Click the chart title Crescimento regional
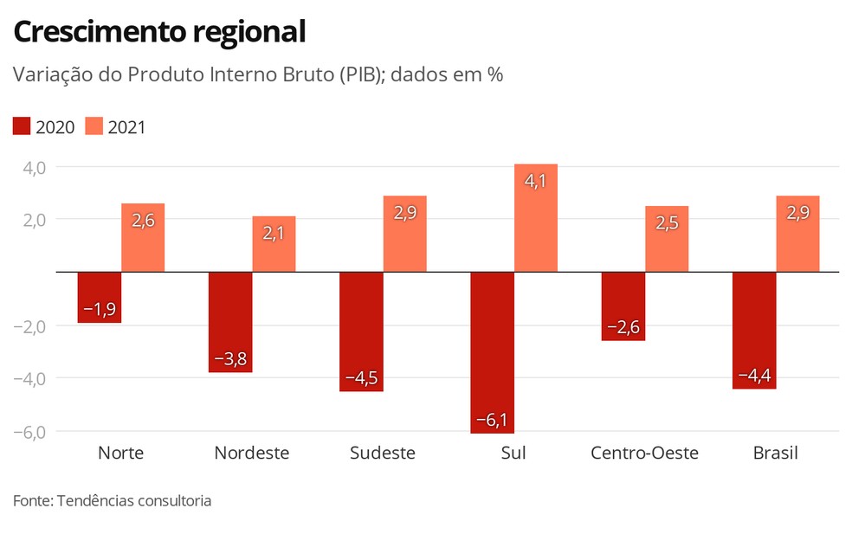[x=159, y=32]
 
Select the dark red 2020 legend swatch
[x=22, y=127]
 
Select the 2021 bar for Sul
[x=536, y=218]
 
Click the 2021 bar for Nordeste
[x=274, y=244]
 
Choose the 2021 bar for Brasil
[x=797, y=234]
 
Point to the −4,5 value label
[x=361, y=378]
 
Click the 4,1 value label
[x=536, y=182]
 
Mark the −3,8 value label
[x=230, y=358]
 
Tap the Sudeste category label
[x=382, y=454]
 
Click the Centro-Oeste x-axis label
[x=644, y=454]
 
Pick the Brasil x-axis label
[x=775, y=454]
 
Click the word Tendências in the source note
[x=94, y=500]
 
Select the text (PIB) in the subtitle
[x=362, y=75]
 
